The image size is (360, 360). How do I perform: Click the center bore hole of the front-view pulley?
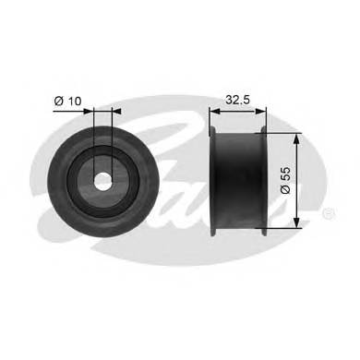point(102,180)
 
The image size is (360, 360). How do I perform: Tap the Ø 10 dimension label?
point(68,101)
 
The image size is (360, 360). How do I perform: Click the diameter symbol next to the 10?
point(58,101)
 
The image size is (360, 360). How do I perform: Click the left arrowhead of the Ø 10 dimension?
point(90,111)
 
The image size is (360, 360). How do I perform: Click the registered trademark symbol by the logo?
point(330,213)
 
